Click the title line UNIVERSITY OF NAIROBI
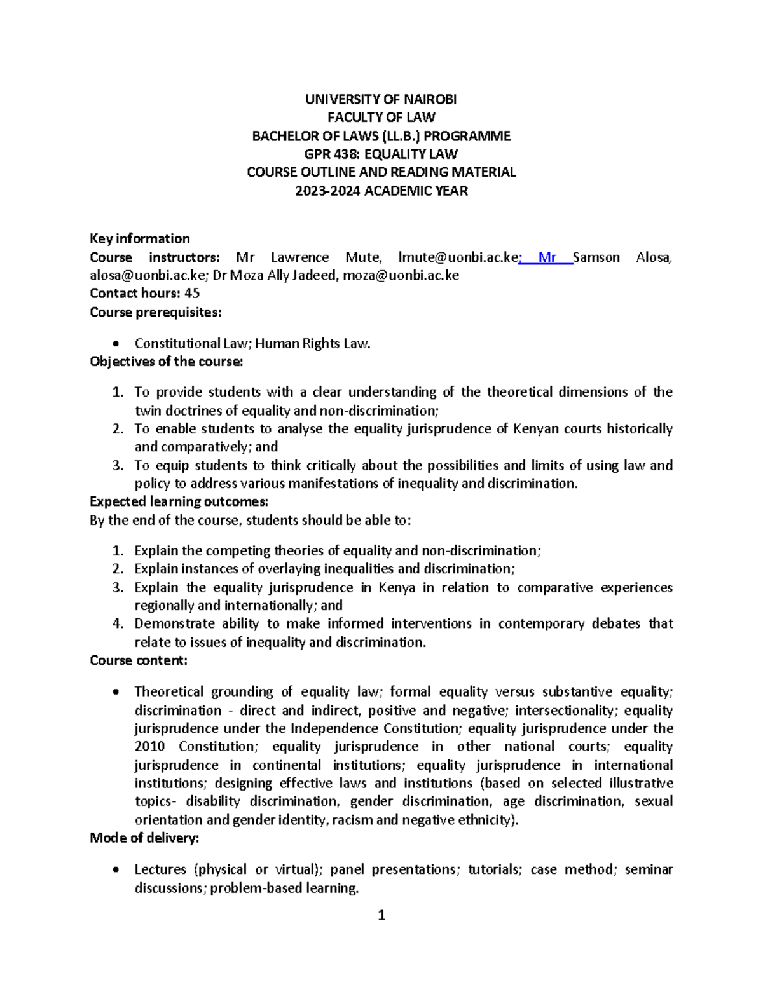pos(381,99)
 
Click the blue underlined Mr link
pos(547,257)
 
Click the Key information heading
pos(140,238)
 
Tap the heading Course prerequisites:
pos(156,312)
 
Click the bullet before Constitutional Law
pos(115,344)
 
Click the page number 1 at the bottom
pos(381,915)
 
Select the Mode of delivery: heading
pos(145,838)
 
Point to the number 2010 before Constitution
pos(149,746)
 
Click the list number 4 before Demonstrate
pos(117,623)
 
